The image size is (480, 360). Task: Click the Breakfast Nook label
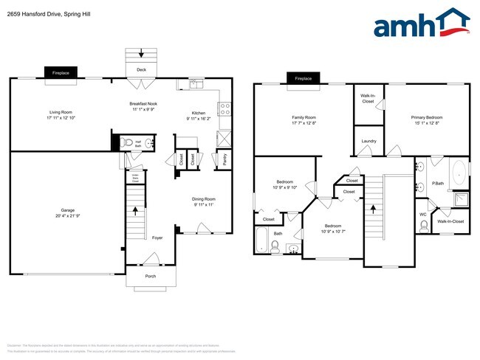(x=145, y=104)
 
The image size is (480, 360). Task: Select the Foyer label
(x=157, y=238)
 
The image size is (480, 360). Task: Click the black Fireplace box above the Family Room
(x=303, y=79)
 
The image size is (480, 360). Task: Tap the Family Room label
(x=304, y=117)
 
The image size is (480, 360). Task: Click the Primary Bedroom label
(x=427, y=117)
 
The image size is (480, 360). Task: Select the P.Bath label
(x=438, y=183)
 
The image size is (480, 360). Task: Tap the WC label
(x=423, y=215)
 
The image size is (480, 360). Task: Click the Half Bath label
(x=137, y=144)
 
